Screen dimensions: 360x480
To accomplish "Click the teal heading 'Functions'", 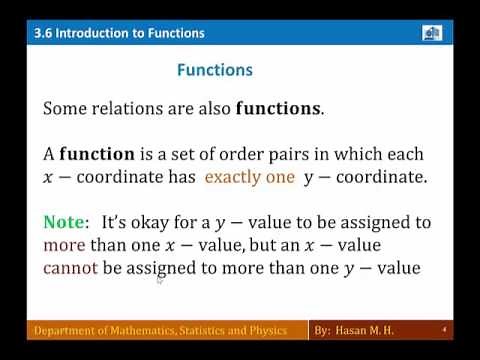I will pyautogui.click(x=214, y=71).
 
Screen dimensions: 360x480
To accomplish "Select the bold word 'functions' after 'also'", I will pyautogui.click(x=278, y=110).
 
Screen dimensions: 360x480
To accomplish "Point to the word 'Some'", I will pyautogui.click(x=64, y=110).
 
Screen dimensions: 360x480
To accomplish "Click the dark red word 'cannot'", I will pyautogui.click(x=68, y=267).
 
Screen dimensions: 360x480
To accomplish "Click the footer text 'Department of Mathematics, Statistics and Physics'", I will pyautogui.click(x=161, y=330).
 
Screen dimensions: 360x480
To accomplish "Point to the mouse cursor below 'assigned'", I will pyautogui.click(x=159, y=280).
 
